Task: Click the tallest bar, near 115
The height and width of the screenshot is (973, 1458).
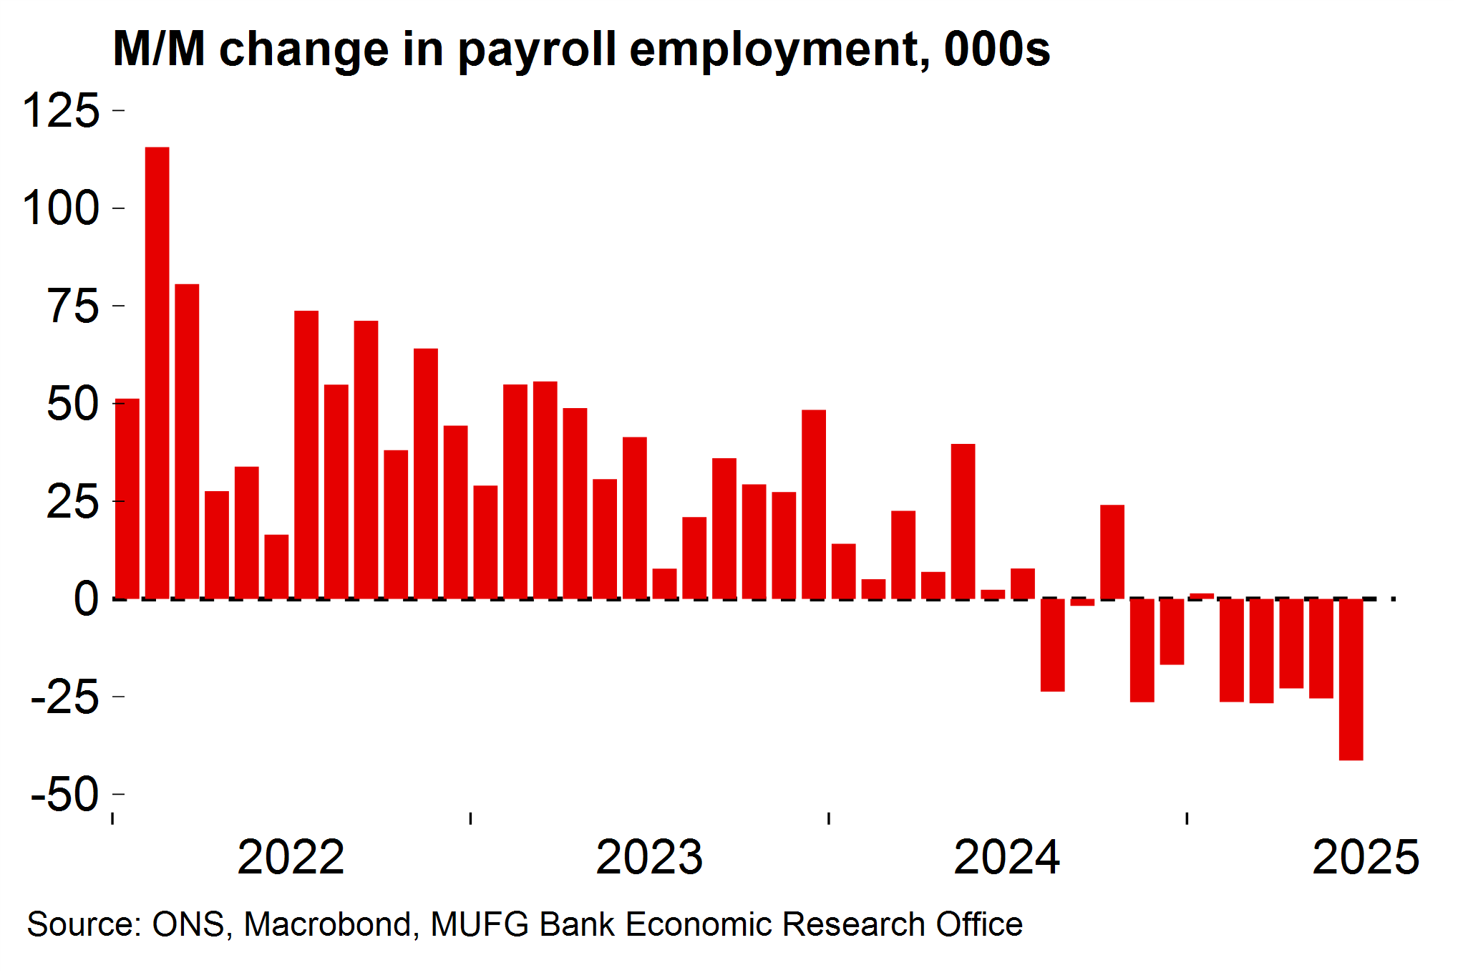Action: pyautogui.click(x=157, y=372)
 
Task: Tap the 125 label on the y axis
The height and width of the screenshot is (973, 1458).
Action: pyautogui.click(x=62, y=111)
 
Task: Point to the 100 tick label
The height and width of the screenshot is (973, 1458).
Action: pyautogui.click(x=62, y=208)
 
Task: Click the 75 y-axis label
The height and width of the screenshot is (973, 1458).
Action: pyautogui.click(x=73, y=306)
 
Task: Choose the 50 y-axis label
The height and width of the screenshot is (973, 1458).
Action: pyautogui.click(x=73, y=404)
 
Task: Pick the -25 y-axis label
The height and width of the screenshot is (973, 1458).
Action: pyautogui.click(x=65, y=697)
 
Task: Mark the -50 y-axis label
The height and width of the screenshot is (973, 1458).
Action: pyautogui.click(x=65, y=794)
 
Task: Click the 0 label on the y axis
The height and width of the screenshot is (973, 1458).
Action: pyautogui.click(x=86, y=599)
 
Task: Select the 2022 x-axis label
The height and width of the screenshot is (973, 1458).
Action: pyautogui.click(x=291, y=857)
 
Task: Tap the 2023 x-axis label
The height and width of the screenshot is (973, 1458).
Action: pyautogui.click(x=649, y=857)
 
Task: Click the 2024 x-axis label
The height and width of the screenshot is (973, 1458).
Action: pyautogui.click(x=1007, y=857)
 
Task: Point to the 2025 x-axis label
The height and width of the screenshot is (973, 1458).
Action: pyautogui.click(x=1365, y=857)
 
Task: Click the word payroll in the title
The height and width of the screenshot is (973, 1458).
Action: pyautogui.click(x=537, y=50)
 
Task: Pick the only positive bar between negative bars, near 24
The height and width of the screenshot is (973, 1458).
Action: pyautogui.click(x=1112, y=551)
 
